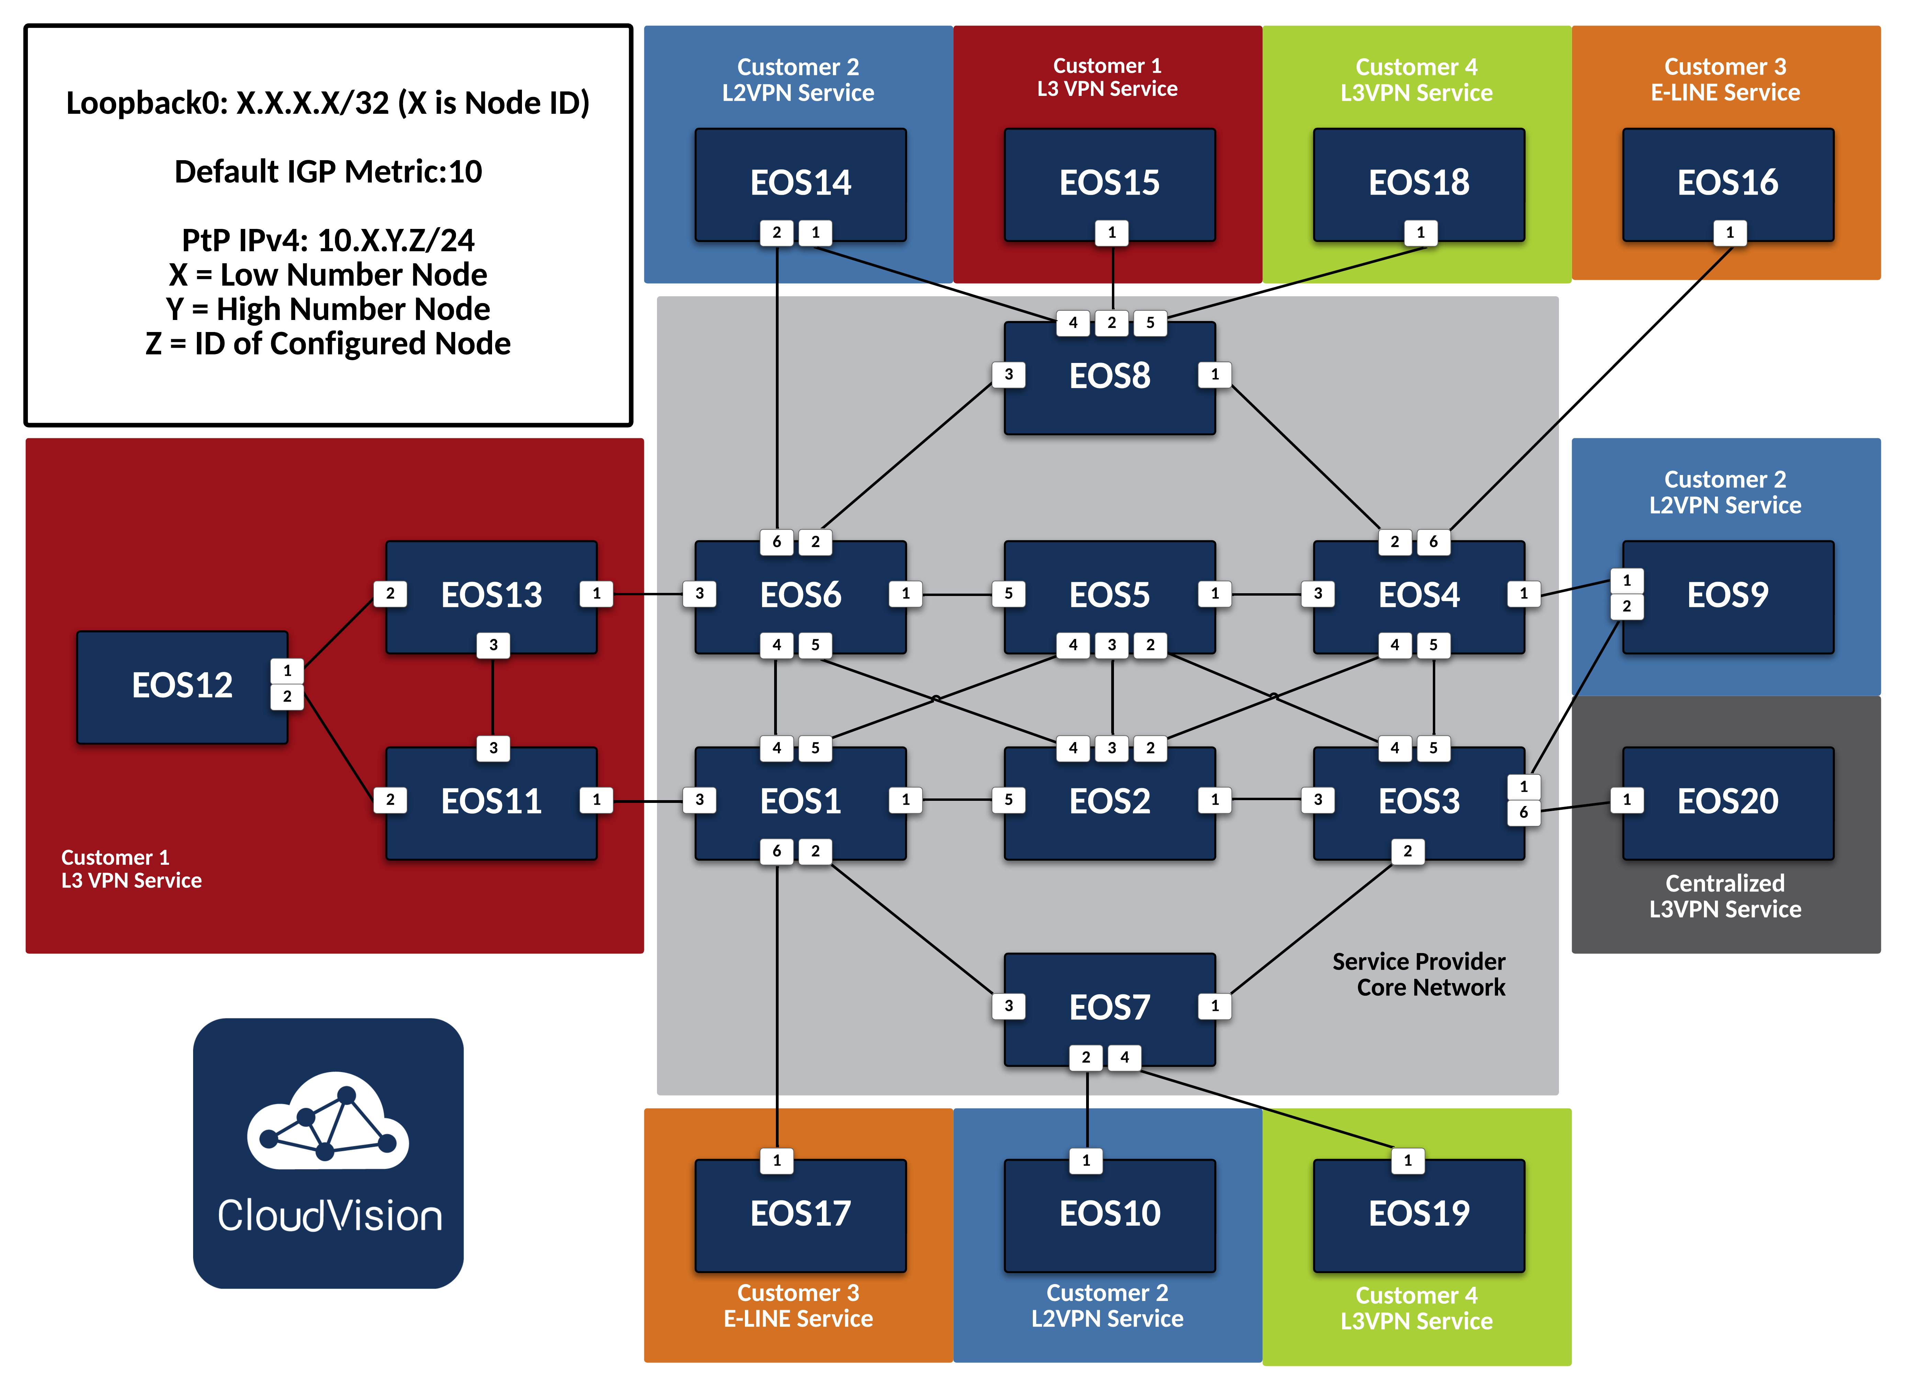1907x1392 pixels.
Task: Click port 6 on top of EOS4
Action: click(1433, 542)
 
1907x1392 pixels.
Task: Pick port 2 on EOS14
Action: click(777, 233)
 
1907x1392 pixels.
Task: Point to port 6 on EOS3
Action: click(1523, 812)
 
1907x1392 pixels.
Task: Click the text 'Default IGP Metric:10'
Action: click(328, 172)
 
